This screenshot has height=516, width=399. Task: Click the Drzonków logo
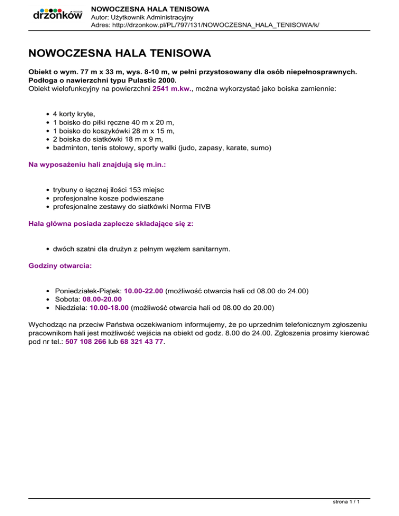[x=57, y=15]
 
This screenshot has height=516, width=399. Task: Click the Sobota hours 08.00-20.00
[x=102, y=299]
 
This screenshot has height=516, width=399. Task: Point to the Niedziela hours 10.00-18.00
[x=110, y=307]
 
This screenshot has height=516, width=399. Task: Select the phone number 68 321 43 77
[x=142, y=343]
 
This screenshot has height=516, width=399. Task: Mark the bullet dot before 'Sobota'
[x=48, y=300]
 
